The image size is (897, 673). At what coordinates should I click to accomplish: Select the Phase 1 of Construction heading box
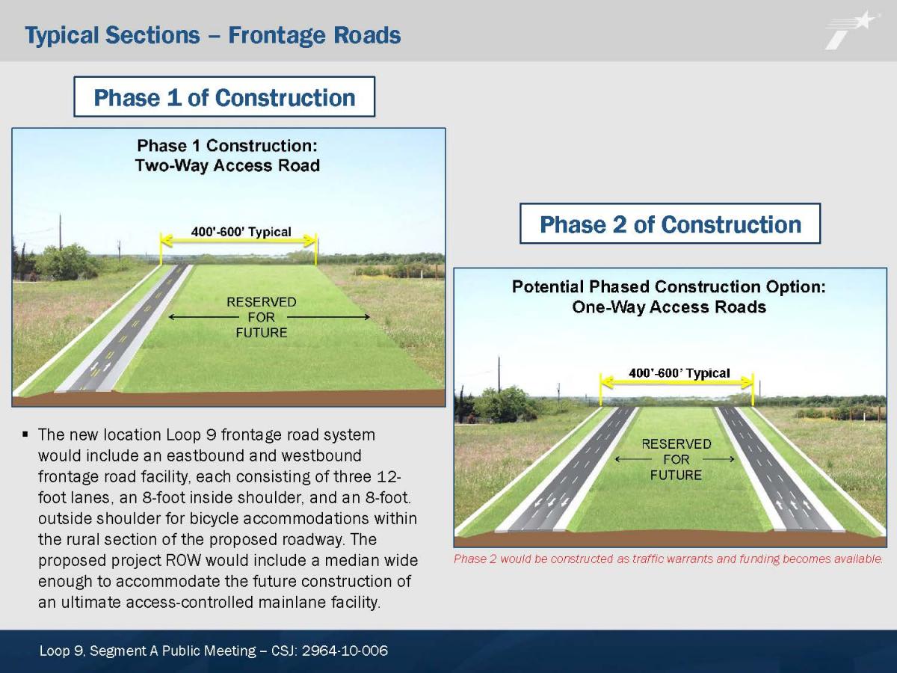[224, 97]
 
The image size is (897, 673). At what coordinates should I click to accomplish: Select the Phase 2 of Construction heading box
[670, 224]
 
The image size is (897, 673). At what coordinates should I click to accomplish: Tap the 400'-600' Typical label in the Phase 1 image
[241, 232]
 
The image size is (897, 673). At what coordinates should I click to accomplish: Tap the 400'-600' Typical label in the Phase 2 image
[679, 373]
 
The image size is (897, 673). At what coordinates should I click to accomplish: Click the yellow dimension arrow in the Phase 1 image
[238, 240]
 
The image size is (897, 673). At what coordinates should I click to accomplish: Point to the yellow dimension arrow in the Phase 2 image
[676, 382]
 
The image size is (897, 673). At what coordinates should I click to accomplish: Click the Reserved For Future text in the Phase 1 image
[262, 317]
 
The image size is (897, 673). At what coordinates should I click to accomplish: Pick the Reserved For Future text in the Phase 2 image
[676, 459]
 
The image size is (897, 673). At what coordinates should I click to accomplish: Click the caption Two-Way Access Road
[227, 165]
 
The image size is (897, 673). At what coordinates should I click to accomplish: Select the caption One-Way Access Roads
[669, 307]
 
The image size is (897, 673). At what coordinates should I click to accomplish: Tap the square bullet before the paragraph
[25, 434]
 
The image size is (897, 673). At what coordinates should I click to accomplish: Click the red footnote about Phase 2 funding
[668, 559]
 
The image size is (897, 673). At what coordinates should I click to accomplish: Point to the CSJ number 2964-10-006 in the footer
[345, 651]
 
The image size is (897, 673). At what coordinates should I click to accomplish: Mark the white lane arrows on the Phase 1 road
[100, 367]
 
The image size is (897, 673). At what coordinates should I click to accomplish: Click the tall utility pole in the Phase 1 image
[61, 231]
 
